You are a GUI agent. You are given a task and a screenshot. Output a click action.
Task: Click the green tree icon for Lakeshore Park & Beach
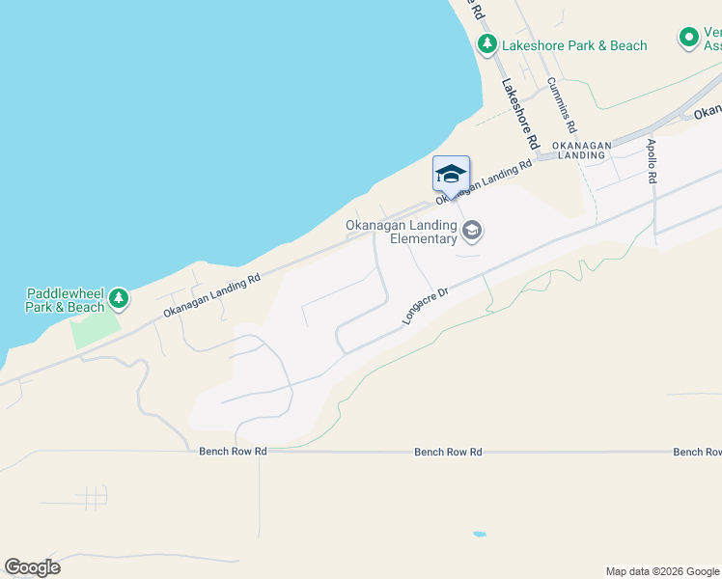(x=487, y=44)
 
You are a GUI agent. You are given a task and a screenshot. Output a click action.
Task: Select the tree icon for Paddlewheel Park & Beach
(x=119, y=299)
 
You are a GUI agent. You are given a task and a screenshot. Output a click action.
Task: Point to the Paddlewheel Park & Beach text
(x=65, y=300)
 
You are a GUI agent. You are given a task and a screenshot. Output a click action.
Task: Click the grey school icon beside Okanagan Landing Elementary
(x=473, y=230)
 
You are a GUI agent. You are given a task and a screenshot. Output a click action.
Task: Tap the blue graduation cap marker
(x=451, y=175)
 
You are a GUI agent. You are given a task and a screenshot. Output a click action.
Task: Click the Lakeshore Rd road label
(x=518, y=112)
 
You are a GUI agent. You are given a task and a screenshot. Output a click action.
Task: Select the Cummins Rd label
(x=562, y=105)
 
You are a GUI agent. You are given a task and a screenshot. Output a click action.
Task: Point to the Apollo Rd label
(x=652, y=161)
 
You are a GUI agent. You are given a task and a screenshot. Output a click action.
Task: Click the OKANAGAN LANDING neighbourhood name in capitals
(x=582, y=150)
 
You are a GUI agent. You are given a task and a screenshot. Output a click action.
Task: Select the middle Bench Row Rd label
(x=448, y=451)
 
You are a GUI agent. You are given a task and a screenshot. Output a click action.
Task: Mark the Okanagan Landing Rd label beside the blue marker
(x=485, y=180)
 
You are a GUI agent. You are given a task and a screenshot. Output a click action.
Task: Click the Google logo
(x=32, y=567)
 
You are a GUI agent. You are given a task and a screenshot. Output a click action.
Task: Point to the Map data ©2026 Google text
(x=662, y=571)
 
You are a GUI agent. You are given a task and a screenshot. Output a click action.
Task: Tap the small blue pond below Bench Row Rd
(x=479, y=534)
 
